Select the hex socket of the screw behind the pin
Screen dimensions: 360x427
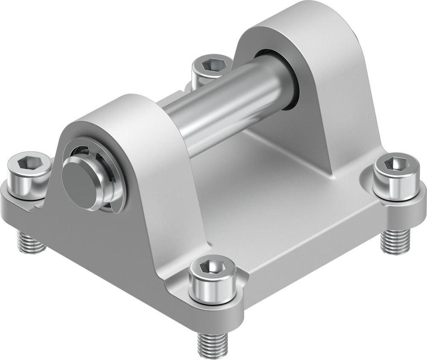(x=211, y=64)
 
